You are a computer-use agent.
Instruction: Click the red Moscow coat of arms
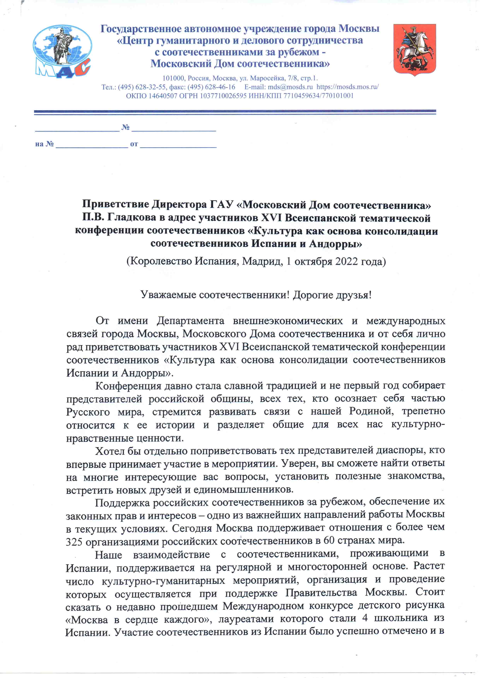pyautogui.click(x=414, y=50)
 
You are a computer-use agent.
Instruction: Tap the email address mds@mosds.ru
pyautogui.click(x=290, y=87)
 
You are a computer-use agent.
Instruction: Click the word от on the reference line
pyautogui.click(x=134, y=144)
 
